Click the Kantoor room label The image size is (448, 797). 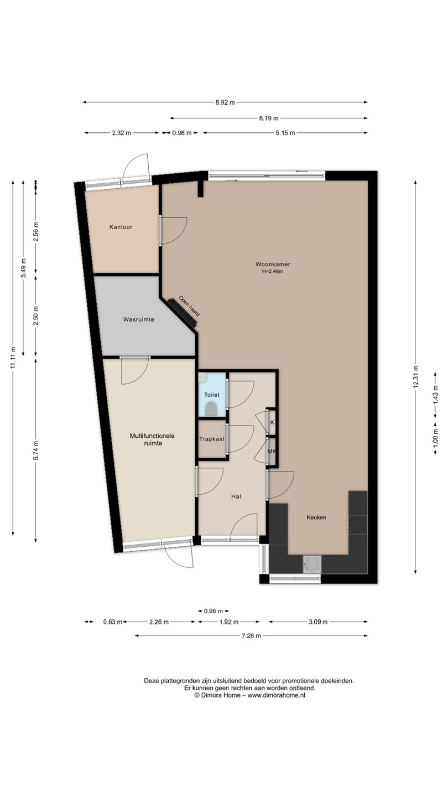click(121, 227)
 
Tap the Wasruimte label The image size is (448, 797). click(139, 319)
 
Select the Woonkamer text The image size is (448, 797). click(273, 264)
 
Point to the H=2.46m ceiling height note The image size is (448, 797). click(273, 271)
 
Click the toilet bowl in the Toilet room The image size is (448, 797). click(211, 409)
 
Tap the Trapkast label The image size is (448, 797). click(212, 439)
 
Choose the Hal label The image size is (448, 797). click(236, 496)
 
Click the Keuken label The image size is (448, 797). click(316, 517)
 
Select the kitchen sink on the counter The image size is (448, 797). click(312, 565)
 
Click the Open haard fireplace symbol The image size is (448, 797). click(183, 313)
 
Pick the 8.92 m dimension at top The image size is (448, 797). click(225, 102)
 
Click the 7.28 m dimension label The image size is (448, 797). click(251, 636)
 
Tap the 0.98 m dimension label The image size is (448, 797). click(182, 133)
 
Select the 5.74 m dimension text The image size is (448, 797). click(36, 450)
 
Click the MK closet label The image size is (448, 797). click(272, 451)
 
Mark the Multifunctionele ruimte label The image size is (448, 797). click(152, 439)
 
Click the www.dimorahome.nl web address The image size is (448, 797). click(277, 695)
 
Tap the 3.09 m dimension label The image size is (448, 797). click(318, 622)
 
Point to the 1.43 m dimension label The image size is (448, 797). click(435, 395)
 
